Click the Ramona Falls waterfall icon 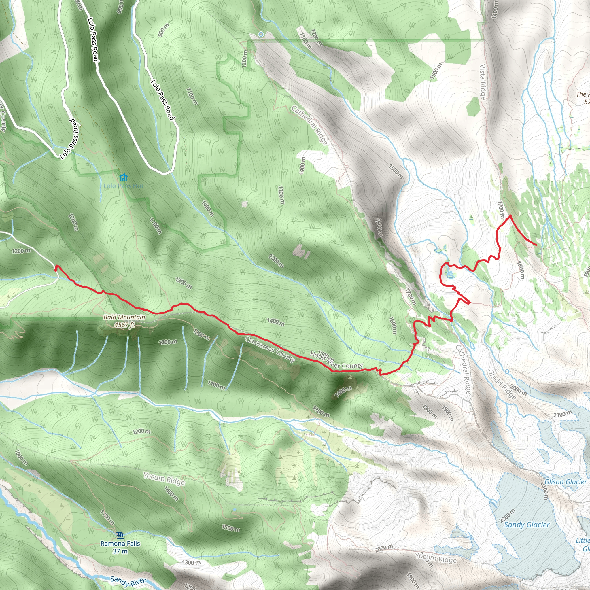[120, 535]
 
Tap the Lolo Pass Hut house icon [123, 177]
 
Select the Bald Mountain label [124, 317]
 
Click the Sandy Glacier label [527, 525]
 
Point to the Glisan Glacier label [566, 482]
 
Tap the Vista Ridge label [482, 82]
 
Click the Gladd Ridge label [502, 385]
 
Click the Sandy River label [128, 581]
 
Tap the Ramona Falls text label [120, 544]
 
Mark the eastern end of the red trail [536, 245]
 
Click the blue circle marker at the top [261, 35]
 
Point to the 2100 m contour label [563, 414]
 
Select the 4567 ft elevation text [124, 325]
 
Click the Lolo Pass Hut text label [123, 186]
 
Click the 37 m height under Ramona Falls [120, 551]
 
